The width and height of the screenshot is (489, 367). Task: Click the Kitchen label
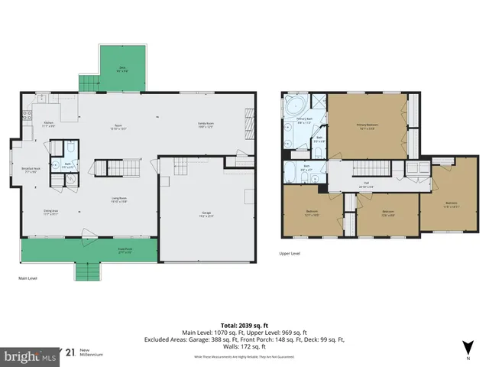click(47, 124)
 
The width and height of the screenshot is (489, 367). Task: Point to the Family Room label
click(206, 125)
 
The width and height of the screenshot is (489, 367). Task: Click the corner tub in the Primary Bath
click(293, 106)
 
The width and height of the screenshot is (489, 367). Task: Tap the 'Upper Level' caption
click(290, 252)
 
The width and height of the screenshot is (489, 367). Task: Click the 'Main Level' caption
click(28, 278)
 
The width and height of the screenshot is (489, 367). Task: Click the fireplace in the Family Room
click(249, 120)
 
